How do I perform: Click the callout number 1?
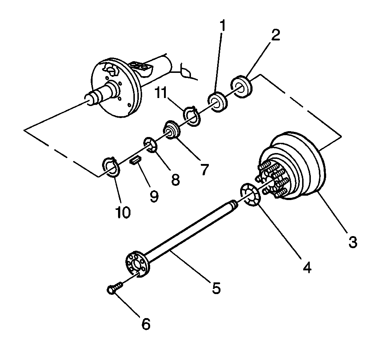click(x=222, y=26)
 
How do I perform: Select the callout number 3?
click(x=352, y=242)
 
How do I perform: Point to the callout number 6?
click(x=145, y=324)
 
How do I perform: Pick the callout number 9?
click(x=154, y=196)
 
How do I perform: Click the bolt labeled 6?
click(x=113, y=289)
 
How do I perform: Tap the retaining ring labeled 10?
click(x=110, y=168)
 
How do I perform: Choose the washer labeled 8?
click(x=151, y=145)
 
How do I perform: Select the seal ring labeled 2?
click(x=242, y=86)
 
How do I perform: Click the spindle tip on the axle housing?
click(x=89, y=99)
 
